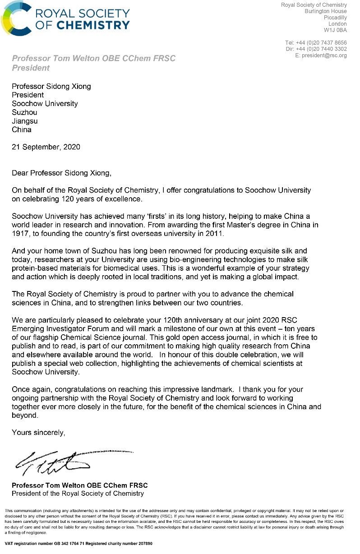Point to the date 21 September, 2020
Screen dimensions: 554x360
pyautogui.click(x=46, y=147)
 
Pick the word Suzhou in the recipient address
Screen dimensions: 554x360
pyautogui.click(x=24, y=112)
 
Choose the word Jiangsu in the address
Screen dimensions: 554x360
pyautogui.click(x=24, y=121)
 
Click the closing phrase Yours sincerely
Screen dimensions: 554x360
pyautogui.click(x=39, y=433)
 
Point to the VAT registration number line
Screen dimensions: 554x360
pyautogui.click(x=78, y=544)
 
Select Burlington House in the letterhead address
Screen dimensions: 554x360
pyautogui.click(x=326, y=11)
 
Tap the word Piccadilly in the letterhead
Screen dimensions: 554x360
pyautogui.click(x=335, y=18)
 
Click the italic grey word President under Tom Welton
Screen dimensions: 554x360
pyautogui.click(x=31, y=68)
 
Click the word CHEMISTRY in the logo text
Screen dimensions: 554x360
pyautogui.click(x=96, y=25)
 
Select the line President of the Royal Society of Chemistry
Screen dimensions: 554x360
pyautogui.click(x=78, y=494)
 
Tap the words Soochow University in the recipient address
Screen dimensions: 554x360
pyautogui.click(x=45, y=104)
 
